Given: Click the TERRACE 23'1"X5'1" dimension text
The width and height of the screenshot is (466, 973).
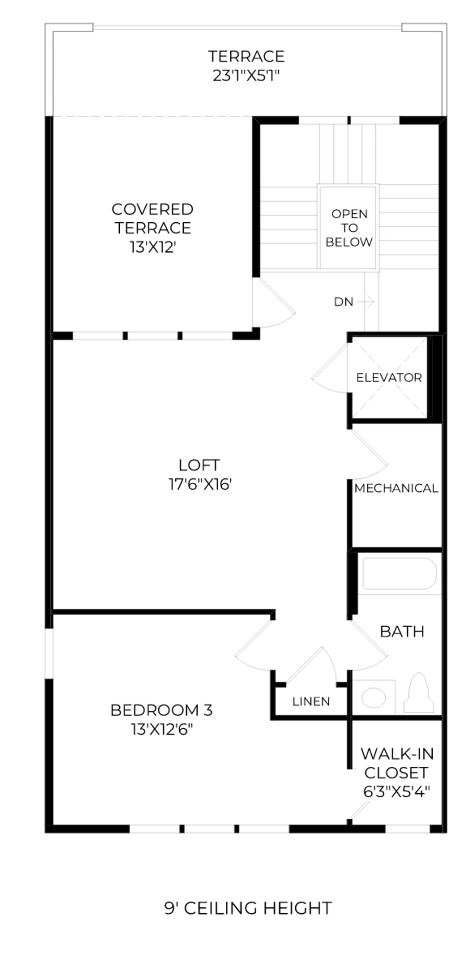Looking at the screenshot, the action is click(x=246, y=76).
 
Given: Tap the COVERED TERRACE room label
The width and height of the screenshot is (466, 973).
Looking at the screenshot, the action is click(x=153, y=218).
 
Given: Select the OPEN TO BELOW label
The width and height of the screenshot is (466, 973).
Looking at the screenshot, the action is click(x=349, y=228).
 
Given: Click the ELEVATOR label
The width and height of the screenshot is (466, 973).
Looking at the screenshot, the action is click(x=389, y=378).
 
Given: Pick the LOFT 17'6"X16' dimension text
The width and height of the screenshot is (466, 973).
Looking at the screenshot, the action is click(x=200, y=484).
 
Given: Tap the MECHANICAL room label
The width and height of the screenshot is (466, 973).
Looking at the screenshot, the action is click(x=396, y=488).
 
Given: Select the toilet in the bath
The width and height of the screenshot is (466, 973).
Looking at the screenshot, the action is click(x=418, y=692).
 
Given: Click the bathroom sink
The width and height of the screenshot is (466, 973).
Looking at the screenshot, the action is click(x=373, y=698).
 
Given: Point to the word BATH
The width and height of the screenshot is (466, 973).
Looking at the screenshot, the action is click(x=402, y=631).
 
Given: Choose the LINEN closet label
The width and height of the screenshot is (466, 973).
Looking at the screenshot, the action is click(x=311, y=701).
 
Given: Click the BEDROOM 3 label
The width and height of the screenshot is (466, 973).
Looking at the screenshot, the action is click(x=162, y=710).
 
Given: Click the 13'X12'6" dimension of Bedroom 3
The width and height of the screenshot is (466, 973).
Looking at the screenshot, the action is click(x=162, y=730).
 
